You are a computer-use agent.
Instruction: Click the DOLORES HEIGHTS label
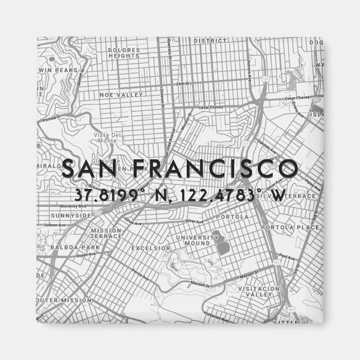(x=123, y=53)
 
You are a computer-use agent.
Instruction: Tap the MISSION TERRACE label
(x=106, y=233)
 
